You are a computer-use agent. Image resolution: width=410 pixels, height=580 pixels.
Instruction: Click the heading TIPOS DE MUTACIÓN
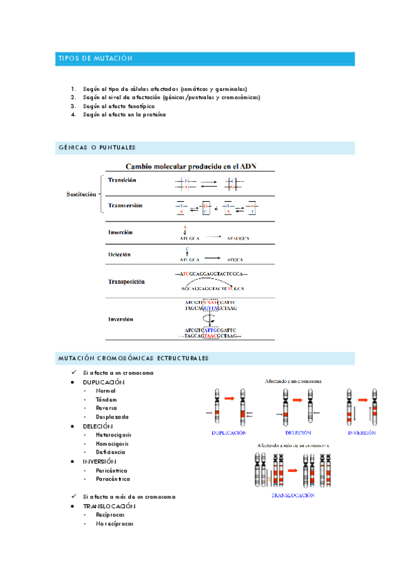coord(94,60)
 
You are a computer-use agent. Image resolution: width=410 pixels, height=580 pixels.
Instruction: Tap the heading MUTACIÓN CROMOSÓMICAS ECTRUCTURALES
coord(133,358)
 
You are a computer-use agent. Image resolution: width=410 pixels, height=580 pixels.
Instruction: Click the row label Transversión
coord(125,205)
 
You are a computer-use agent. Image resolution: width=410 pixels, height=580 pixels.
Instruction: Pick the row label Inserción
coord(120,233)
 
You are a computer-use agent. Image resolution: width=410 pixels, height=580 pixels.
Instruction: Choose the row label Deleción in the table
coord(119,254)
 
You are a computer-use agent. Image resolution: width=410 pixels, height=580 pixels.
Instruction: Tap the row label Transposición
coord(127,281)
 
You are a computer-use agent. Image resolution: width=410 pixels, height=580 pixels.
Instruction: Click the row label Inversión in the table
coord(120,319)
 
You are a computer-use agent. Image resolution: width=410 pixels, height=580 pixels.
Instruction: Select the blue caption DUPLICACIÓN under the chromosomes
coord(229,433)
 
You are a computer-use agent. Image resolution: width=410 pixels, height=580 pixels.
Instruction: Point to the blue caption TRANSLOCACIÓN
coord(293,495)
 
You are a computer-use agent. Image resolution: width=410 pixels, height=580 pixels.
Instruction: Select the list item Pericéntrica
coord(112,471)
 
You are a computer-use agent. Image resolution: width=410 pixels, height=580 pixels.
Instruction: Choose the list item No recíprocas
coord(114,524)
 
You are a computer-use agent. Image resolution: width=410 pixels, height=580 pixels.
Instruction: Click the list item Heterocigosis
coord(114,435)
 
